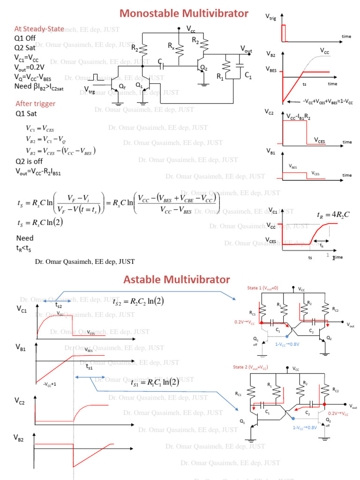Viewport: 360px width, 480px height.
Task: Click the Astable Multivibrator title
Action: point(177,280)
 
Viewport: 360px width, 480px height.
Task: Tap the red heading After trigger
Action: point(36,104)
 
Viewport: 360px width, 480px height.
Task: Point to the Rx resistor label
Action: point(172,46)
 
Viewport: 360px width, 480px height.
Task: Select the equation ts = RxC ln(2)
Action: point(39,223)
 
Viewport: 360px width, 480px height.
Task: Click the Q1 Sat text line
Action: point(27,113)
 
